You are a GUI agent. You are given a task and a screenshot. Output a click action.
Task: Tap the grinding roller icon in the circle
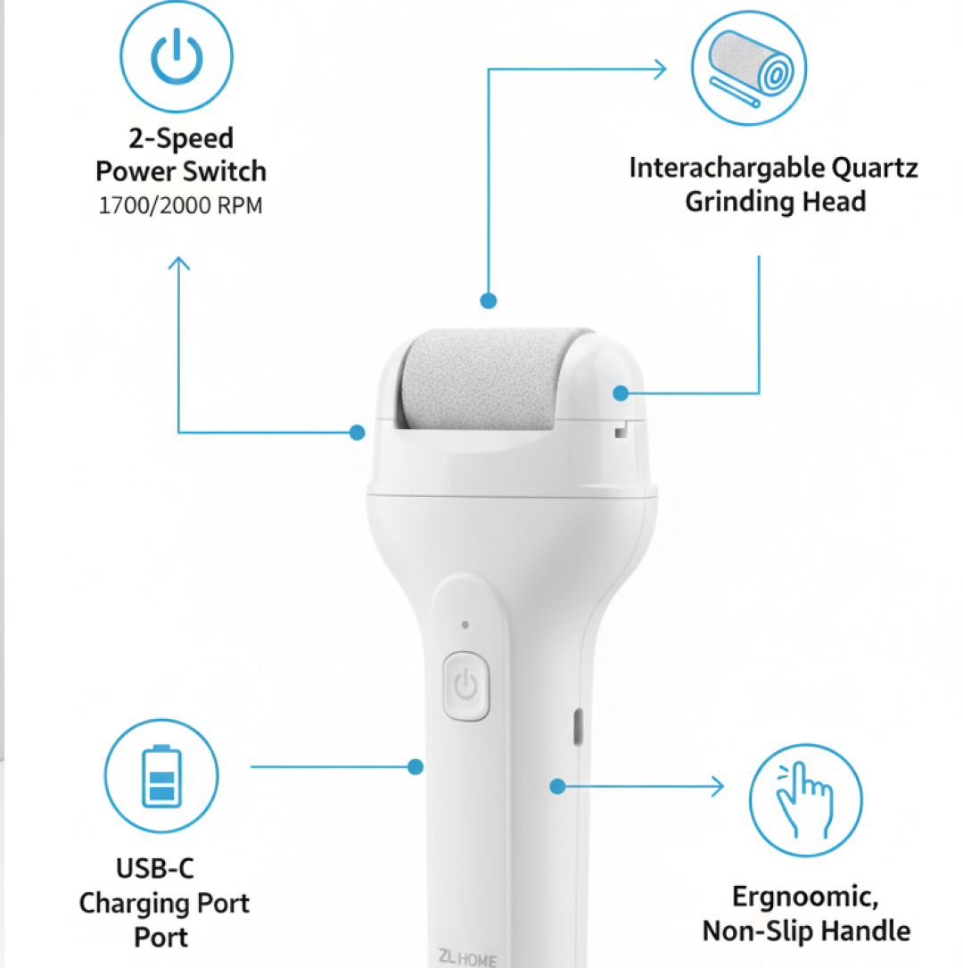click(748, 69)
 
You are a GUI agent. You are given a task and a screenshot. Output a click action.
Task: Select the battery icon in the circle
click(160, 775)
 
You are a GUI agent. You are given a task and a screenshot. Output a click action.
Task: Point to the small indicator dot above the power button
click(465, 625)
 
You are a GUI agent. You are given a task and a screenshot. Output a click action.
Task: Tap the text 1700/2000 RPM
click(180, 206)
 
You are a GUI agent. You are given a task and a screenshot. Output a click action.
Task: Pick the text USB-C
click(155, 868)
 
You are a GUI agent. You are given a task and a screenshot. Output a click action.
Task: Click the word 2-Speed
click(181, 138)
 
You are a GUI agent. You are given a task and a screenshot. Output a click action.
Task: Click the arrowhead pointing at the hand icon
click(717, 786)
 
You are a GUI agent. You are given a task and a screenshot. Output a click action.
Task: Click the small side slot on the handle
click(577, 725)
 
